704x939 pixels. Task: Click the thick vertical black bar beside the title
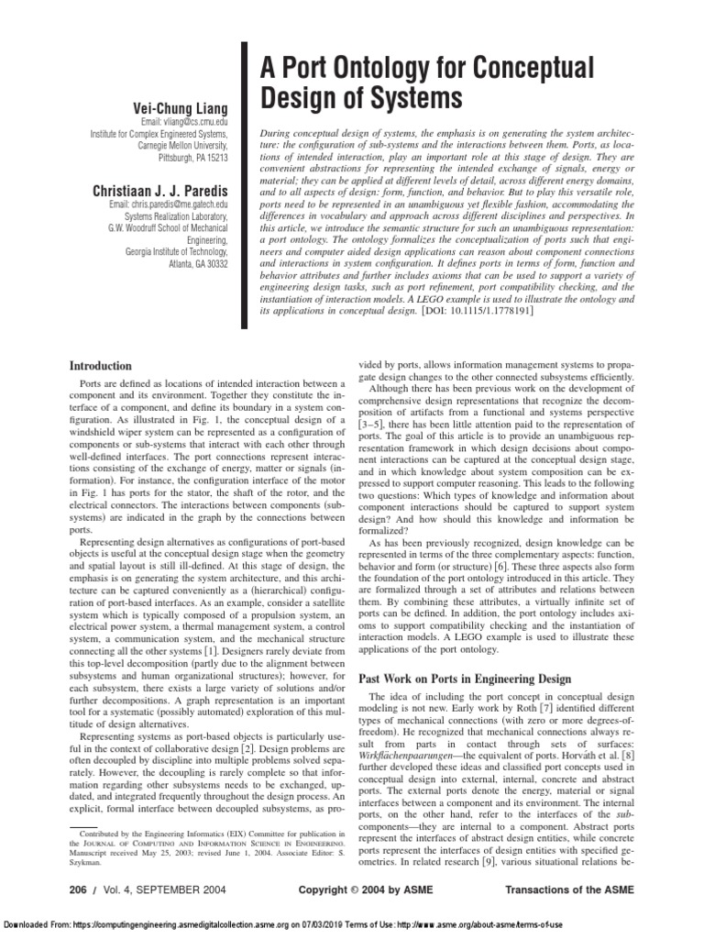245,183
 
